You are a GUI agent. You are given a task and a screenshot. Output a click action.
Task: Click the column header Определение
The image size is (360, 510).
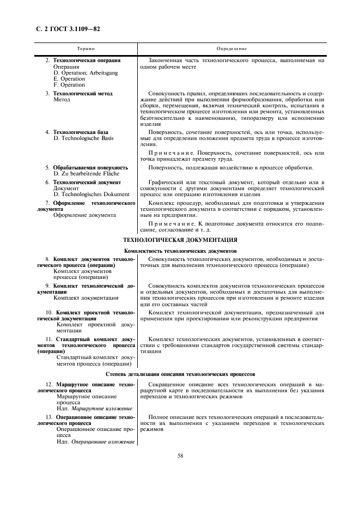(231, 49)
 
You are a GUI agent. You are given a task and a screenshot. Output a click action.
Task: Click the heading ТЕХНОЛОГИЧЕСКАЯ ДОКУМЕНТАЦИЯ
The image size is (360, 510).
(180, 240)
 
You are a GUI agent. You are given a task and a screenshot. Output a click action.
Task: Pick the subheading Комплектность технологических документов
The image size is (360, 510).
(180, 250)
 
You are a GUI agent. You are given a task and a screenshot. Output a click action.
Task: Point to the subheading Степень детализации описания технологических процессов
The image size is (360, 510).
(180, 374)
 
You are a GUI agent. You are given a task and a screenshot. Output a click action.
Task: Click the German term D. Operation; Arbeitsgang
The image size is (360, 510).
(86, 72)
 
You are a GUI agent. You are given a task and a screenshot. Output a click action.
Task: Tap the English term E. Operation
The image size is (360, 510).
(69, 79)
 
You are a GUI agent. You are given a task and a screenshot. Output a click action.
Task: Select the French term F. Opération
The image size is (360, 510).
(69, 85)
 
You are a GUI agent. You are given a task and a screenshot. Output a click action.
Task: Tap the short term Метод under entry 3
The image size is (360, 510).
(62, 100)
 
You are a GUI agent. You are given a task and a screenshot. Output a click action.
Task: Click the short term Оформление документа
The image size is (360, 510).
(84, 215)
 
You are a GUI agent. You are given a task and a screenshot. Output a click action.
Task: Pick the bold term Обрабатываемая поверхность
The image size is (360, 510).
(90, 167)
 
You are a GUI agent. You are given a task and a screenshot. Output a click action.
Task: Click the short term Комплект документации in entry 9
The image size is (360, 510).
(86, 298)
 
